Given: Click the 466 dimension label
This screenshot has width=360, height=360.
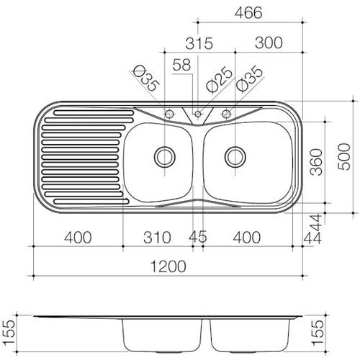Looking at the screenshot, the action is (248, 13).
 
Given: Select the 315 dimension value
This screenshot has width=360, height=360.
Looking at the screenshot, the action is (199, 43).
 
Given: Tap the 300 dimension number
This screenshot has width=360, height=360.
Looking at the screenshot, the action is (269, 43).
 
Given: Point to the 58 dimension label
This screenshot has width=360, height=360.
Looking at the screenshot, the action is (181, 65).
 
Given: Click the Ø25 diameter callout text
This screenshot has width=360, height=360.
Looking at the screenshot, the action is (220, 80).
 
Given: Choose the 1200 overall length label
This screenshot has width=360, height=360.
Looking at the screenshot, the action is (168, 266).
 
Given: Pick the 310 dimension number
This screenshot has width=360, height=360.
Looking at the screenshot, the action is (157, 238).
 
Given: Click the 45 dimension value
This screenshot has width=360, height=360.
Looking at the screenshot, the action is (197, 237).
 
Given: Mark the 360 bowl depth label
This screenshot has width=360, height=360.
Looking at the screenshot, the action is (316, 162).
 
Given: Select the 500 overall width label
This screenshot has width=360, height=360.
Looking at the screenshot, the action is (344, 157).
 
